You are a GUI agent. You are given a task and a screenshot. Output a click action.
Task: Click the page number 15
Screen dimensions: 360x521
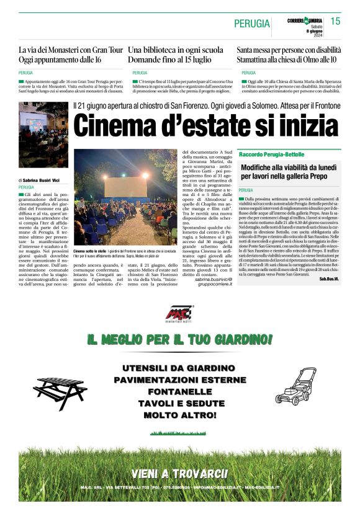click(x=335, y=21)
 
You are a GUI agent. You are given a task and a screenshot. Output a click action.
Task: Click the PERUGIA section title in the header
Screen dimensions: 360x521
click(x=252, y=24)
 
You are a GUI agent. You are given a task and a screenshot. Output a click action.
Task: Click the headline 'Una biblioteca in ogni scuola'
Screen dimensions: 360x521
click(x=176, y=50)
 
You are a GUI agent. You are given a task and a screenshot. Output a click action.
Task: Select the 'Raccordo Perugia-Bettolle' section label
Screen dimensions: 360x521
click(x=272, y=153)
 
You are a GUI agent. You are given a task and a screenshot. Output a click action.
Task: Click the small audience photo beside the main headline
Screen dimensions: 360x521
click(x=43, y=135)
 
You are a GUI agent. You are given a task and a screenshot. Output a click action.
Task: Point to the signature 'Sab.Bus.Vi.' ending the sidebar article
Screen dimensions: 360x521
click(x=330, y=279)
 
